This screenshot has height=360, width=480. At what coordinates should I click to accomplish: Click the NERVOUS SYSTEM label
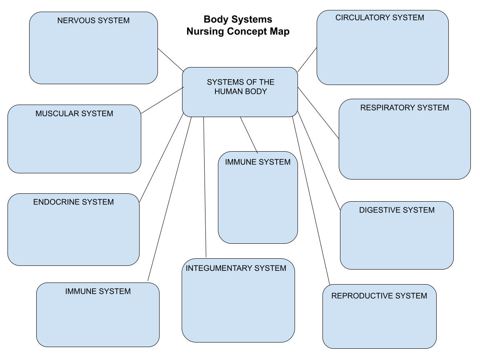point(93,20)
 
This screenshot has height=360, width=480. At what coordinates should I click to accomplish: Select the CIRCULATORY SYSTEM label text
point(380,17)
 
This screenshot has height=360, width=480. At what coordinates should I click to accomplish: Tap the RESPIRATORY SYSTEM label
point(405,107)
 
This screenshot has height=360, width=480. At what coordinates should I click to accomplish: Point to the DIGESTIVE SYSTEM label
point(397,210)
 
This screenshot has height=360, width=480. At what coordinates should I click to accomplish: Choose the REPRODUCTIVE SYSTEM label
point(379,296)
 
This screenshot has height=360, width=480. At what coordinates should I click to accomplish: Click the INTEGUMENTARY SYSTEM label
point(236,268)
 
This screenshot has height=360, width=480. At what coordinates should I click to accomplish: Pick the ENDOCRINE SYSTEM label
point(73,202)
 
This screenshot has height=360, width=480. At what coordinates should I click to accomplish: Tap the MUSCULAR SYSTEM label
point(74,113)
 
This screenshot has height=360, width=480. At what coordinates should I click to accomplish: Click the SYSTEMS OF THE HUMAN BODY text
point(240,87)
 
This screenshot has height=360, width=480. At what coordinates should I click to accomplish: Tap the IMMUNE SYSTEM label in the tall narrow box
point(257,162)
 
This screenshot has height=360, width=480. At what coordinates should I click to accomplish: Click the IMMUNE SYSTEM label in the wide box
point(98,291)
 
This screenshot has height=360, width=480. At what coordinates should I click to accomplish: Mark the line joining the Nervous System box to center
point(170,60)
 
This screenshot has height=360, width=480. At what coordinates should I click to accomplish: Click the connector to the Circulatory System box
point(307,60)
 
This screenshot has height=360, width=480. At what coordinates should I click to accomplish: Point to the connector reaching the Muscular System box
point(162,100)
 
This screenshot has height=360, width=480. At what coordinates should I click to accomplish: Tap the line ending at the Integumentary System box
point(205,187)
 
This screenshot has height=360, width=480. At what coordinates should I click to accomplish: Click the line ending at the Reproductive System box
point(311,200)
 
